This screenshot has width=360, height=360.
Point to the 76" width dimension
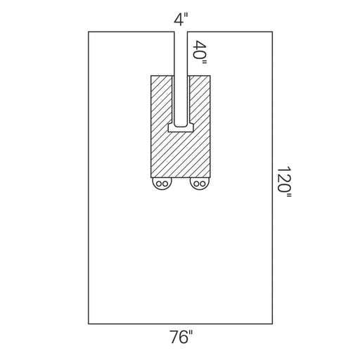tap(181, 338)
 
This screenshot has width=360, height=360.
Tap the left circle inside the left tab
tap(159, 185)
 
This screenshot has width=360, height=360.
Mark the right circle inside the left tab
tap(167, 185)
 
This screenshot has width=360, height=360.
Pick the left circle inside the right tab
tap(195, 185)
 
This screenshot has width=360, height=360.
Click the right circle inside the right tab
tap(203, 185)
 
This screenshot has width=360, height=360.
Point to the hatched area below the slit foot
tap(181, 155)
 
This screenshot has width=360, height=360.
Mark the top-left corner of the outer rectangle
tap(89, 32)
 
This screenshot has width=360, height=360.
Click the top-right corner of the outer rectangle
tap(272, 32)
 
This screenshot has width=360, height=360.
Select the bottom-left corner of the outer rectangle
tap(89, 323)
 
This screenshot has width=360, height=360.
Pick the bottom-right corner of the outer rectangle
tap(272, 323)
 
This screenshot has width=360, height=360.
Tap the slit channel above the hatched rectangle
tap(181, 53)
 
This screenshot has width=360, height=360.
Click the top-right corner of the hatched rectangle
tap(210, 74)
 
